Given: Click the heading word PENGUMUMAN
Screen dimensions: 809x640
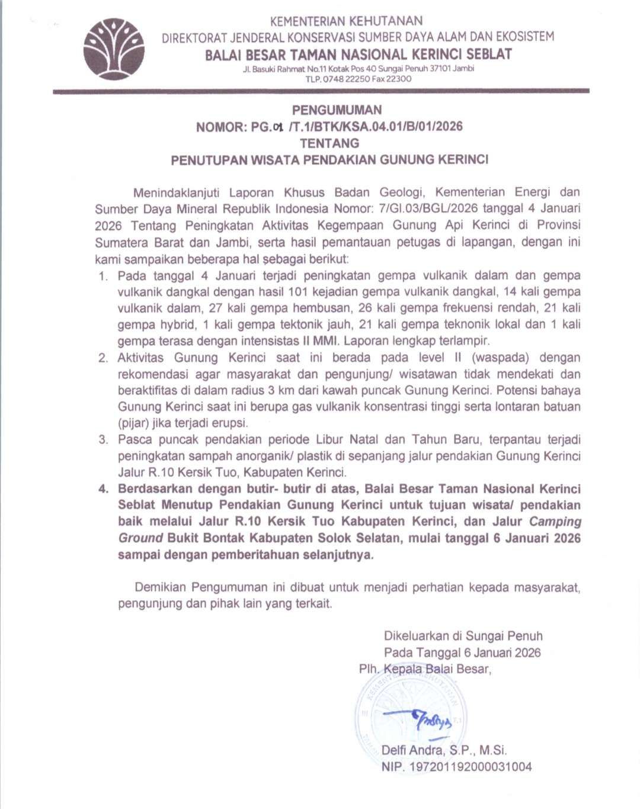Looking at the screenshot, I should tap(337, 110).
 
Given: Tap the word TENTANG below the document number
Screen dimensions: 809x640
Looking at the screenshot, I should tap(329, 143).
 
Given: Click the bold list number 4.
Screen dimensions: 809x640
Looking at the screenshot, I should tap(104, 489).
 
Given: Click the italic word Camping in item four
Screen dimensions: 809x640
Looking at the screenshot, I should tap(555, 522).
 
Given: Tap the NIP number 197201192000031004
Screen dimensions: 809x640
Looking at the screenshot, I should tap(469, 767).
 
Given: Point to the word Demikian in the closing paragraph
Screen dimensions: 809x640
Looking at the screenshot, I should tap(161, 587).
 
